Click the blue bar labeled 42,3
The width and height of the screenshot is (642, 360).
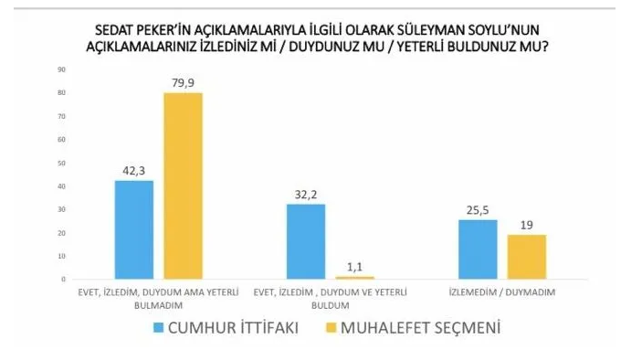(x=133, y=229)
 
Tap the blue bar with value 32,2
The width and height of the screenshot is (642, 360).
(x=305, y=241)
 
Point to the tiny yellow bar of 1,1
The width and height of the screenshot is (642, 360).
(x=355, y=277)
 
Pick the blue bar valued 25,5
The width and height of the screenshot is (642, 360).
(x=477, y=249)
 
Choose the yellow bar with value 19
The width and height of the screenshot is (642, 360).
(x=526, y=257)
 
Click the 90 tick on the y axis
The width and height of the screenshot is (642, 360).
(x=61, y=69)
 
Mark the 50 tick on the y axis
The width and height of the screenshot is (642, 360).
(x=61, y=163)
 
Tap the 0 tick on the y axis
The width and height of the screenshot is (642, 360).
(x=63, y=280)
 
